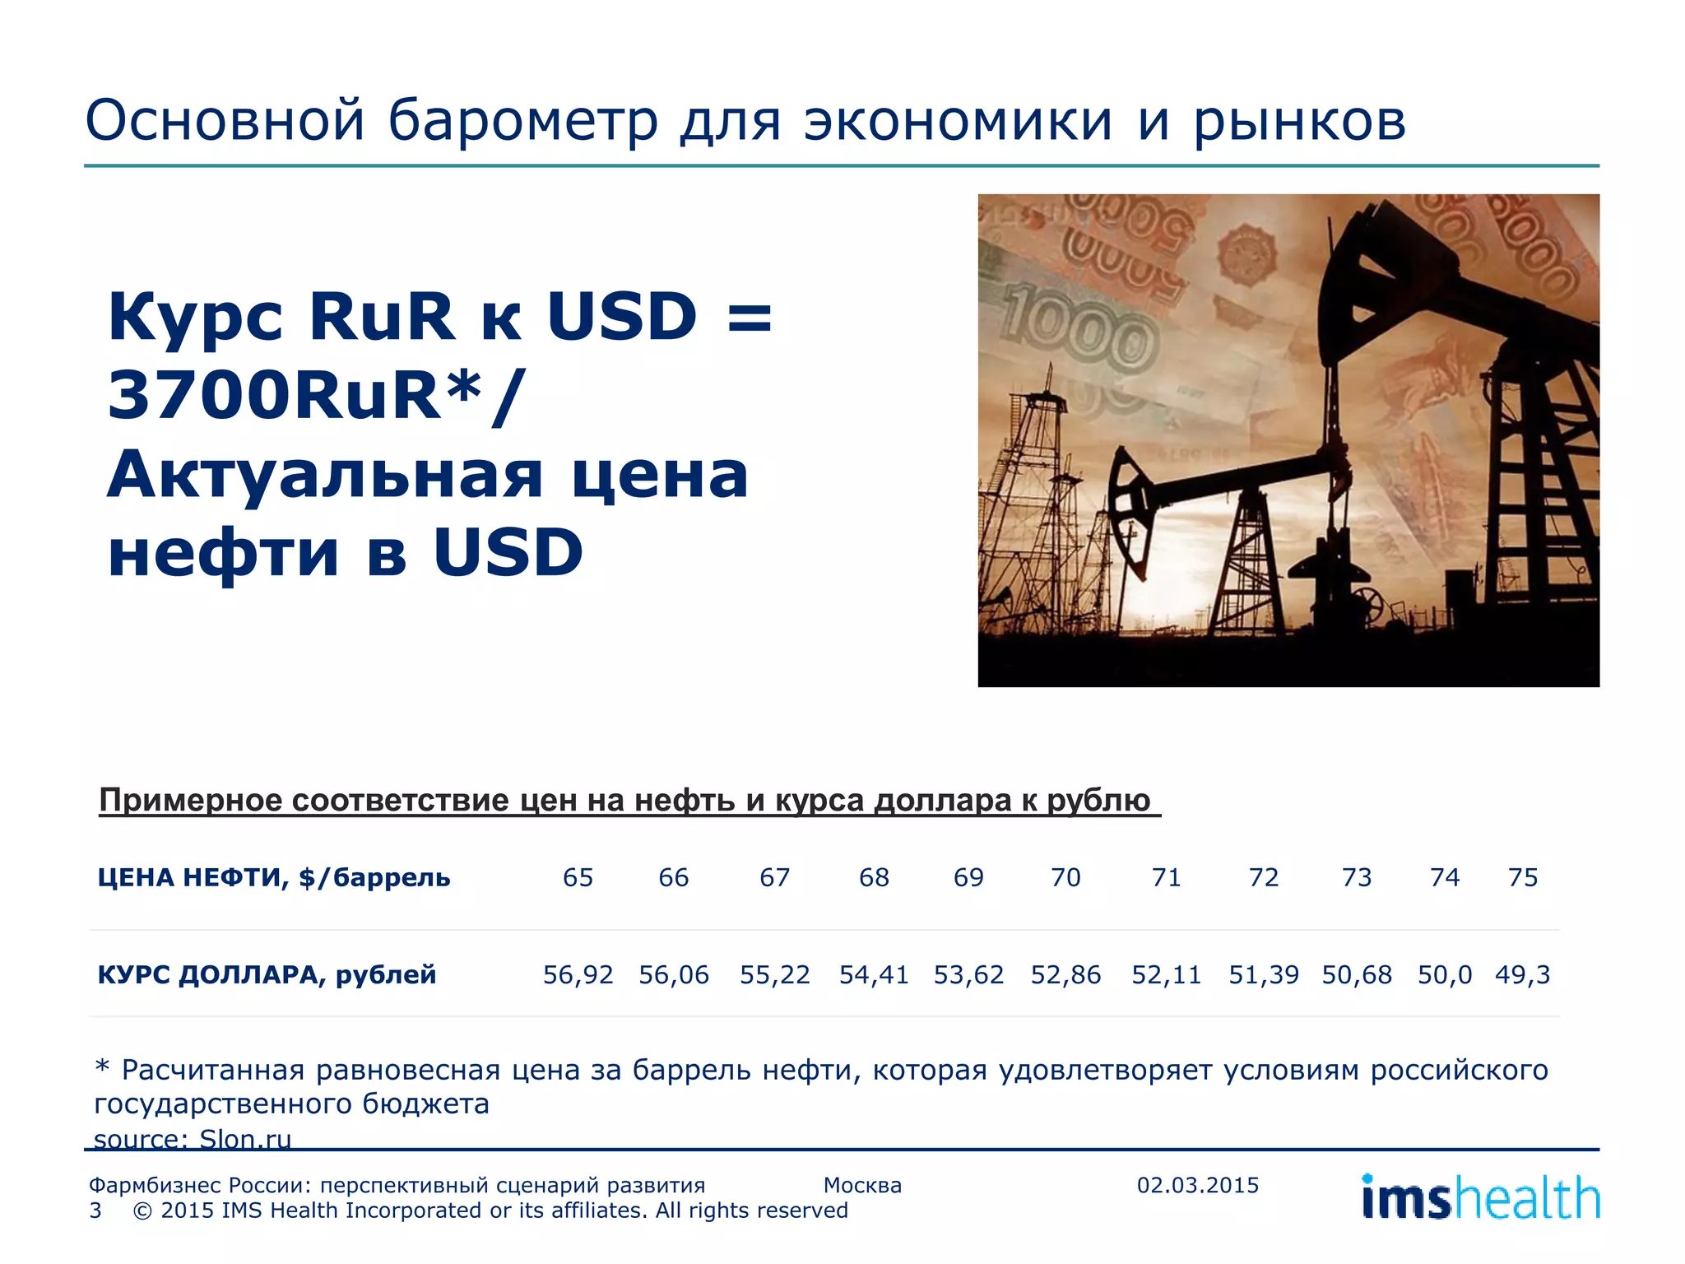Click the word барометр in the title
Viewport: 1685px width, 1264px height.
[x=522, y=122]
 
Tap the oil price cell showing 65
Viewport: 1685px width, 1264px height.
[x=578, y=877]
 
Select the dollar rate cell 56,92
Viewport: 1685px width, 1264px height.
[x=578, y=974]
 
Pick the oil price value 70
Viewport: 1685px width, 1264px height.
[x=1065, y=877]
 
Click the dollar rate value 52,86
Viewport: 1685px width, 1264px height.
[x=1065, y=974]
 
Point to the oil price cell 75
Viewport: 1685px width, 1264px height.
[x=1522, y=877]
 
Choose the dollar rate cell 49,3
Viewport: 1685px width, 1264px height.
[x=1522, y=974]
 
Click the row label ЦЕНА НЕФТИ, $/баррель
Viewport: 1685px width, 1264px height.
[x=274, y=877]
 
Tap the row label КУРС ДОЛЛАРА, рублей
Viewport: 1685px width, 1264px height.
[x=267, y=974]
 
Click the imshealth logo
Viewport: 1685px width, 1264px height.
[x=1480, y=1197]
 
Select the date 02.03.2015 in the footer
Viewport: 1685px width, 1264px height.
[x=1198, y=1185]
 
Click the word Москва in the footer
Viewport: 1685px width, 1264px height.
[x=862, y=1185]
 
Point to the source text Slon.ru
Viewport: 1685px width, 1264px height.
[x=245, y=1139]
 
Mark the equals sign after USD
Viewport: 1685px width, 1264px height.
[x=750, y=318]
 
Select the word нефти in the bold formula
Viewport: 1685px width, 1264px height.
[x=223, y=553]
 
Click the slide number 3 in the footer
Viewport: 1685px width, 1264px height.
[x=95, y=1211]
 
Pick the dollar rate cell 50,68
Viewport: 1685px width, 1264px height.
[x=1357, y=974]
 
